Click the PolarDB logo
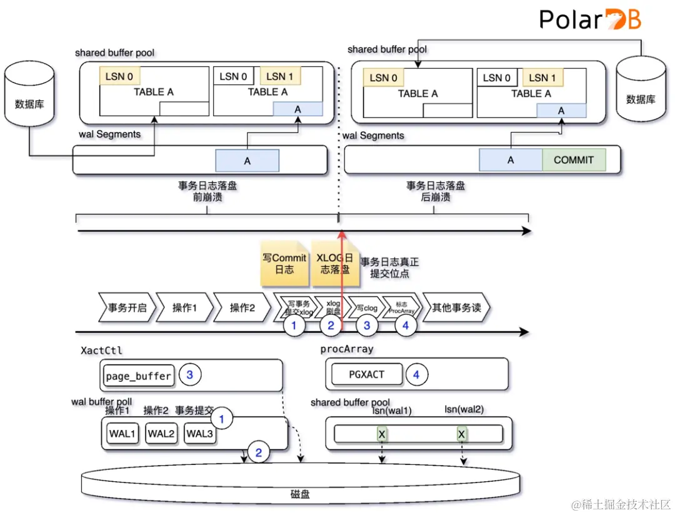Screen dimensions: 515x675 click(x=590, y=19)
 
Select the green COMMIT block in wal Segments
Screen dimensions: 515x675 click(x=573, y=160)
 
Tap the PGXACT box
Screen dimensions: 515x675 click(x=367, y=374)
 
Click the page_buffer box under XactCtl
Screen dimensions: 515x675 click(x=138, y=376)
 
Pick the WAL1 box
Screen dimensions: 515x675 click(x=122, y=433)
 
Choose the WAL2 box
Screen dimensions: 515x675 click(x=161, y=433)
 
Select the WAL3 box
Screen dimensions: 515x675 click(x=199, y=433)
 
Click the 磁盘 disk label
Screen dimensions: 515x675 click(x=300, y=494)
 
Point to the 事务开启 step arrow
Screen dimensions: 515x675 click(x=125, y=307)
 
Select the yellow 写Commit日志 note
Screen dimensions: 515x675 click(x=284, y=264)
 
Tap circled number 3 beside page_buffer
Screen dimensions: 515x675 click(x=190, y=375)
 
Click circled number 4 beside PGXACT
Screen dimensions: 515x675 click(x=417, y=375)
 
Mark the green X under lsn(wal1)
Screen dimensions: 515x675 click(x=381, y=434)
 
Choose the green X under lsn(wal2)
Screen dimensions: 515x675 click(x=462, y=434)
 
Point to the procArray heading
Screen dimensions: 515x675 click(x=346, y=351)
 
